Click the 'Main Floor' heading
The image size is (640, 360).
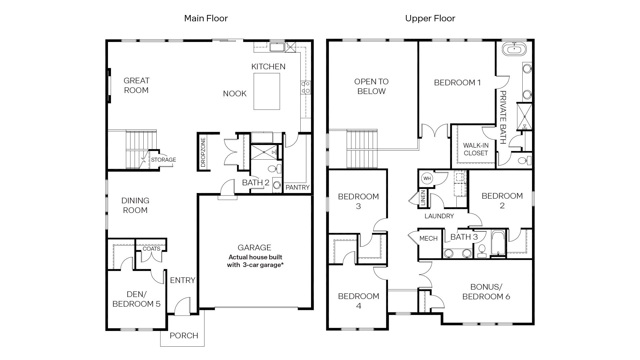pos(206,18)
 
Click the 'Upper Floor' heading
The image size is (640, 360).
pos(430,18)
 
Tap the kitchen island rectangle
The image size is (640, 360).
pos(267,91)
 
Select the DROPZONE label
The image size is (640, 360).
pos(203,152)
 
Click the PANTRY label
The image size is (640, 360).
pos(297,187)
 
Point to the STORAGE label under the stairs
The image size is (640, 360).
pos(163,160)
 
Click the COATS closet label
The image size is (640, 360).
pos(151,249)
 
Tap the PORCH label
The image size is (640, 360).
pos(184,336)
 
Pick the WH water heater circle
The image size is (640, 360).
pos(427,178)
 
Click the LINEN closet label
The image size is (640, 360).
pos(423,198)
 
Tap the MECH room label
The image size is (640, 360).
pos(428,239)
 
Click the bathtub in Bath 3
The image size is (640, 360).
pos(498,243)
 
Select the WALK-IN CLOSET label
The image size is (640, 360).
pos(476,149)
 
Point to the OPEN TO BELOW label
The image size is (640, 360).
pos(371,86)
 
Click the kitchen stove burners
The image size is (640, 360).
pos(306,87)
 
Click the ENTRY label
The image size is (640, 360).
pos(182,280)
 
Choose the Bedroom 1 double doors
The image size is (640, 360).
pos(435,131)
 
